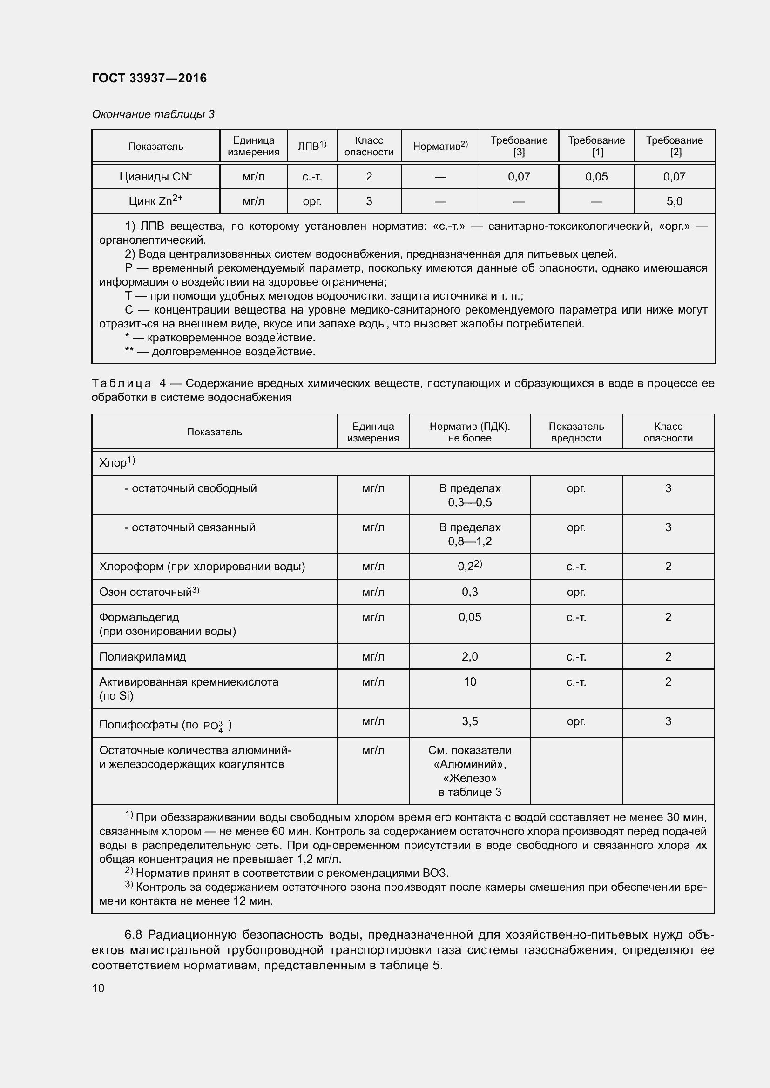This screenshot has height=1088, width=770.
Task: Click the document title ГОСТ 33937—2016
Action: tap(149, 78)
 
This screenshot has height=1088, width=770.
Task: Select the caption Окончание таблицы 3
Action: tap(153, 114)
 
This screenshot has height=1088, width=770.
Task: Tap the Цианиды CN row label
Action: tap(155, 177)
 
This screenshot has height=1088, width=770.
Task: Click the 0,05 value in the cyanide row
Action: tap(596, 177)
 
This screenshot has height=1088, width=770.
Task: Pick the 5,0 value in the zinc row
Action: tap(674, 201)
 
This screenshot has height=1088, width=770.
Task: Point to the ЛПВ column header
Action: tap(311, 146)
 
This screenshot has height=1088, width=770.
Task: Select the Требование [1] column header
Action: tap(596, 146)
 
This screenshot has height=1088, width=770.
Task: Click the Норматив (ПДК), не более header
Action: tap(469, 432)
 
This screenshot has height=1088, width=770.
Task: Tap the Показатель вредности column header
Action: tap(575, 432)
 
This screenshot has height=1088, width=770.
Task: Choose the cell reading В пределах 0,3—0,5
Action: tap(469, 495)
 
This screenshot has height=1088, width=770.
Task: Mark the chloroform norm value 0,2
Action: tap(467, 566)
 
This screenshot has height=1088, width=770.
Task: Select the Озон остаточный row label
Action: tap(145, 592)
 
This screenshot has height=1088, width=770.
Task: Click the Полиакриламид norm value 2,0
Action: tap(469, 656)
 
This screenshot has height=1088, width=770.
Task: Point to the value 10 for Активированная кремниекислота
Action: tap(469, 681)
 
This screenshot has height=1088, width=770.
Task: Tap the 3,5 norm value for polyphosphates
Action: tap(469, 721)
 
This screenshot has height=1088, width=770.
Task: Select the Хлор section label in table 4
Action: tap(113, 462)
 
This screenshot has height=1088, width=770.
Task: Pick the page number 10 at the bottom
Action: tap(98, 988)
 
